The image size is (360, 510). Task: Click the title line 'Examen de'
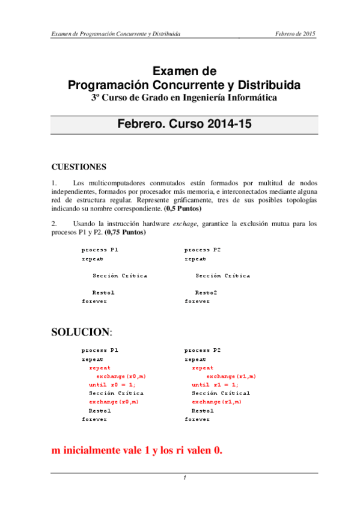coord(180,72)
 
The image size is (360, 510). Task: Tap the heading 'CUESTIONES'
coord(79,167)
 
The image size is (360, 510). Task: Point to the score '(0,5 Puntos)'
coord(183,209)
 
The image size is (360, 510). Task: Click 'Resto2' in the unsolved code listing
coord(206,292)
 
